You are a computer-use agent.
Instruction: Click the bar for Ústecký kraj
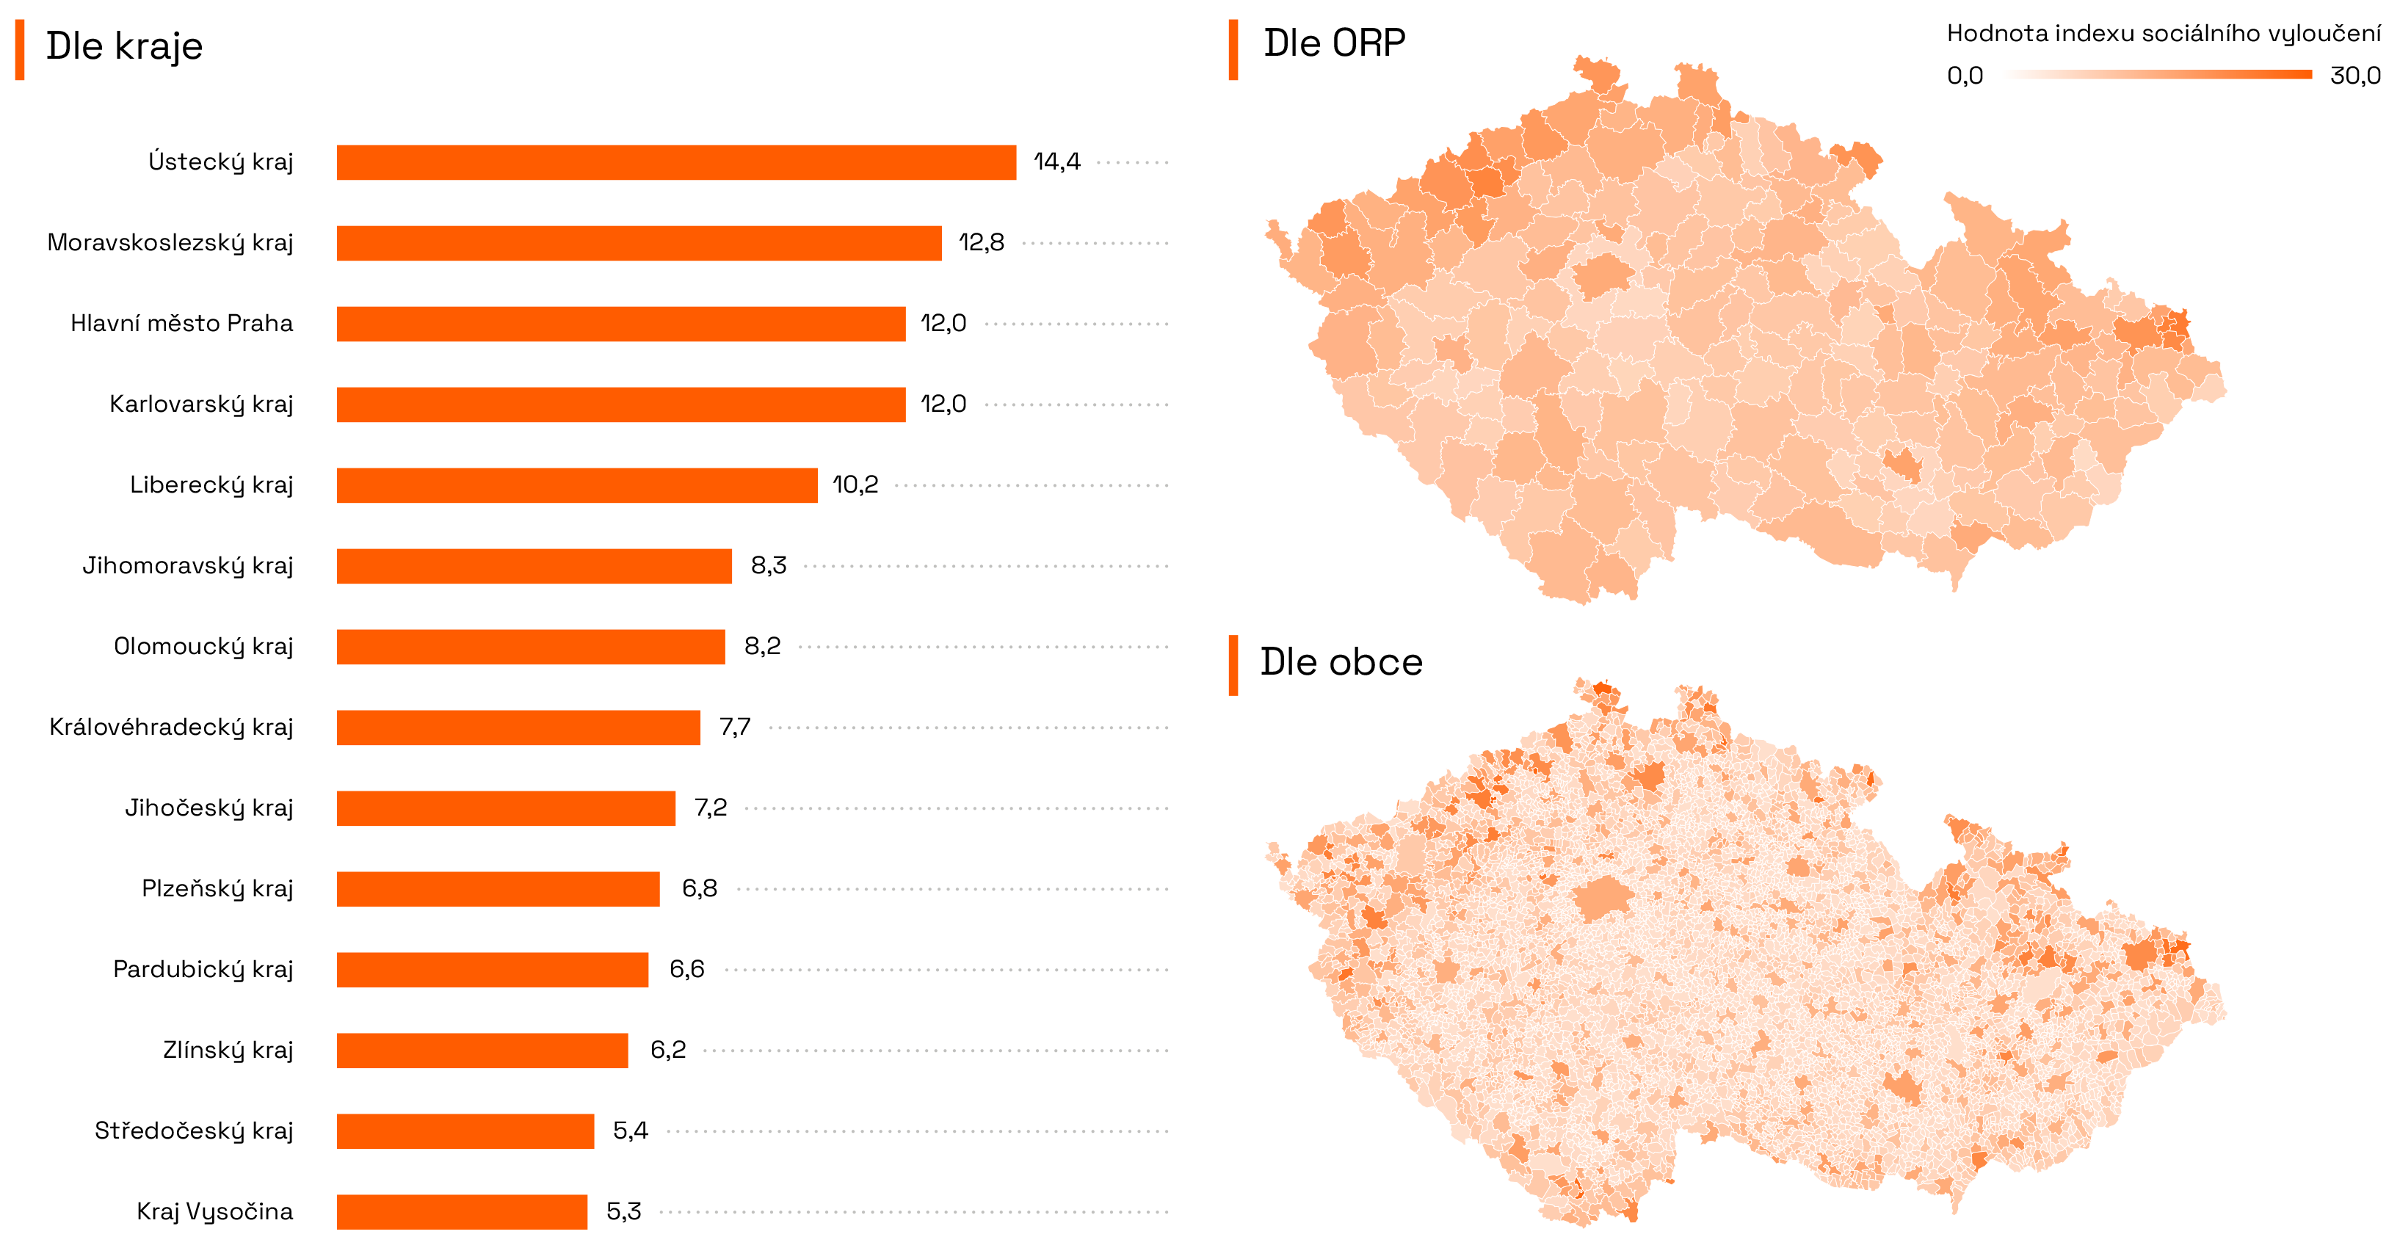675,162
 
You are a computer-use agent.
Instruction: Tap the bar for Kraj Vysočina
461,1211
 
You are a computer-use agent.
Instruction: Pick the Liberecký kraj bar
577,485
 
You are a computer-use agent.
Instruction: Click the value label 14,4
1056,162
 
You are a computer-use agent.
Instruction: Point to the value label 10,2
855,485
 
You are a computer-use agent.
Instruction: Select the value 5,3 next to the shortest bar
623,1211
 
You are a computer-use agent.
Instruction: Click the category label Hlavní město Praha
181,323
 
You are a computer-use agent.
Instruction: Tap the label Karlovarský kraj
201,404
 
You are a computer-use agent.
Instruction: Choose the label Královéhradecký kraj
172,727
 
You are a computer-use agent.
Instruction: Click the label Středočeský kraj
194,1131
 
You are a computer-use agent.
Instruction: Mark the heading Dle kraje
124,46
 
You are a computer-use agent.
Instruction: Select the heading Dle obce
1341,663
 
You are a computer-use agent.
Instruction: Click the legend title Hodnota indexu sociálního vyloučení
2162,35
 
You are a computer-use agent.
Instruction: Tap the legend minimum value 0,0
1964,76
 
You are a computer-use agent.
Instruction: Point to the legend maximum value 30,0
2354,76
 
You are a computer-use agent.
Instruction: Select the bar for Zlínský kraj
482,1051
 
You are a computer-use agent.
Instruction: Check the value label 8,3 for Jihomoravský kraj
769,566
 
